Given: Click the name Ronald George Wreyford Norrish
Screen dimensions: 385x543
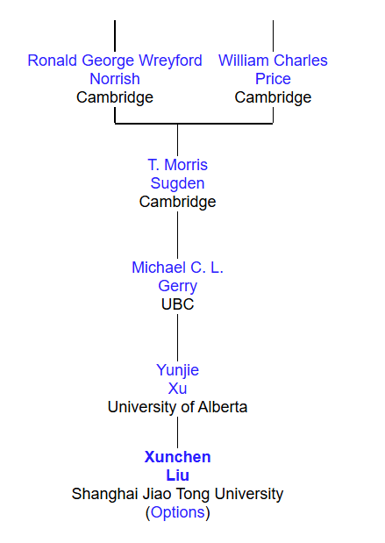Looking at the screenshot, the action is tap(115, 69).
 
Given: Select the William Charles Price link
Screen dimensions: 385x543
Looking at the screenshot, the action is tap(273, 69).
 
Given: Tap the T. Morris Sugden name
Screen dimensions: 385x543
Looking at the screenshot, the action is tap(178, 174).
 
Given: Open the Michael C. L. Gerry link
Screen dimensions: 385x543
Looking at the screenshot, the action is tap(178, 276).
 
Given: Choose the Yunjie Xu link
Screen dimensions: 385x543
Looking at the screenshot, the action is tap(178, 379).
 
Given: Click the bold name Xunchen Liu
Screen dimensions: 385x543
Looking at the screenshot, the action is tap(178, 466).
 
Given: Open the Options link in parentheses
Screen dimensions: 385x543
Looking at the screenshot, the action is tap(178, 512).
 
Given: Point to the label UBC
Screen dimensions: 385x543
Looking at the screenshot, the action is tap(178, 304).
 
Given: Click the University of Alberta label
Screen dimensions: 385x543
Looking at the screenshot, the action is tap(178, 407).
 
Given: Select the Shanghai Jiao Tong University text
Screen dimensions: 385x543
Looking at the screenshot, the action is tap(178, 494).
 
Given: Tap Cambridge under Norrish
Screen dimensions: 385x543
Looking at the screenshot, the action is tap(115, 97).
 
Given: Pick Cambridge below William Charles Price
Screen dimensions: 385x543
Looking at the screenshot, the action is tap(273, 97).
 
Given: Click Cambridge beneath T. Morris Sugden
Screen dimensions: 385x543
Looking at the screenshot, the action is tap(178, 202).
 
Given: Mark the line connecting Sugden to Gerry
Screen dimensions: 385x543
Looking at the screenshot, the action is tap(178, 235).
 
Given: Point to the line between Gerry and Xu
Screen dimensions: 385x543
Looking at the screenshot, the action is tap(178, 338).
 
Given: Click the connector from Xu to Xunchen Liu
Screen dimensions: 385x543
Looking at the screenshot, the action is tap(178, 432).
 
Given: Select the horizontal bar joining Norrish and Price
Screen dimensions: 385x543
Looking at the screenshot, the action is tap(194, 124).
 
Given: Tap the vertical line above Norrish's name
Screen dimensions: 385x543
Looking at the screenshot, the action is tap(115, 36).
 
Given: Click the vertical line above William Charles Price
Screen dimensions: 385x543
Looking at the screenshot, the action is tap(273, 36).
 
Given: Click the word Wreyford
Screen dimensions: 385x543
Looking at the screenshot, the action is tap(170, 61).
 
